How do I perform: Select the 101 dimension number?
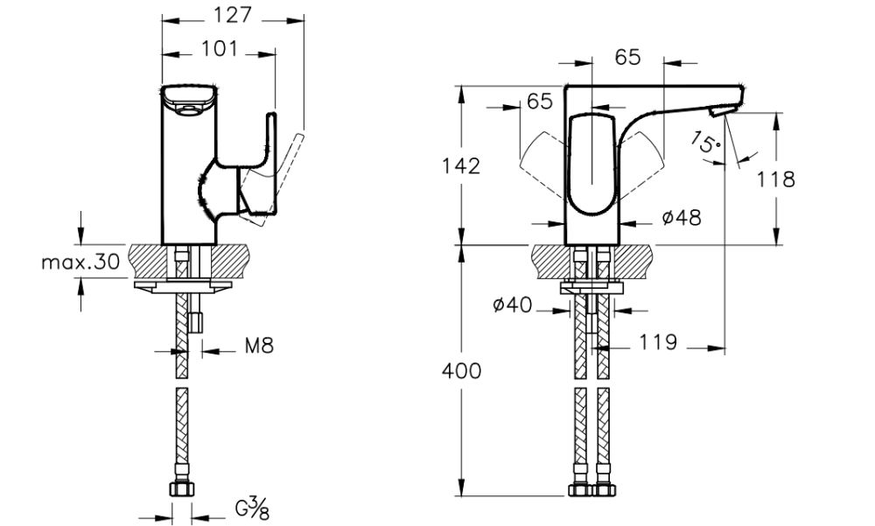tap(219, 49)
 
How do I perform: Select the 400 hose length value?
tap(459, 370)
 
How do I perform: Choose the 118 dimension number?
tap(775, 179)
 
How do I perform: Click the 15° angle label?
tap(705, 143)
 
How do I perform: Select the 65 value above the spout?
tap(627, 57)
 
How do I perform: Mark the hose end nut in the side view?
tap(182, 491)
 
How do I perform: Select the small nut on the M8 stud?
tap(196, 323)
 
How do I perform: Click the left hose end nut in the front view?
tap(579, 491)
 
